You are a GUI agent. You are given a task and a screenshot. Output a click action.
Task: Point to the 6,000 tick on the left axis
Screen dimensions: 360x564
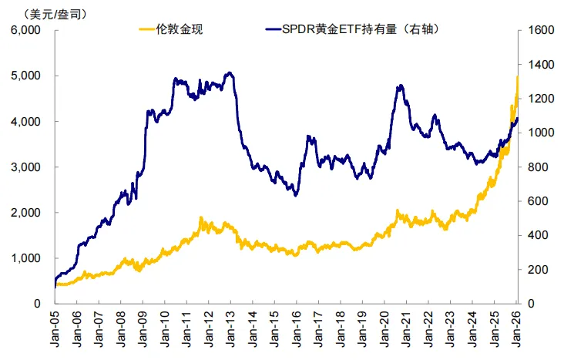(x=25, y=31)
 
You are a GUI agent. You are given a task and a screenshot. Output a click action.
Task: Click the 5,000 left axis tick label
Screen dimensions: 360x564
(x=25, y=76)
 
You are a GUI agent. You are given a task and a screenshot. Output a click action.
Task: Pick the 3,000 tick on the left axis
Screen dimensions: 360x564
(x=25, y=167)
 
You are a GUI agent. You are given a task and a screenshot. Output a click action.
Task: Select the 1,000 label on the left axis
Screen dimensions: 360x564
(x=25, y=258)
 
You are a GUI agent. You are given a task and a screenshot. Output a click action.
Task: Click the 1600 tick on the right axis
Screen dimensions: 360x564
(x=536, y=31)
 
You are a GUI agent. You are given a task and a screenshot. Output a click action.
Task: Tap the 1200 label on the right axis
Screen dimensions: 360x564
(x=536, y=99)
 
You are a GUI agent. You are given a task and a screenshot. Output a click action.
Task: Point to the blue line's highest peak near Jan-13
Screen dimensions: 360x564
(x=230, y=73)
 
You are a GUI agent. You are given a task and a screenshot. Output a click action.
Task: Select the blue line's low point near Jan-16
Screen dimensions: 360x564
(x=296, y=195)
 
